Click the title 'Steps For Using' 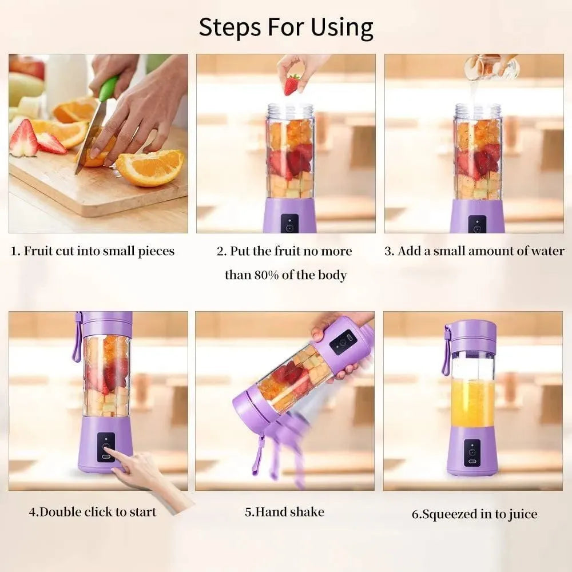click(286, 27)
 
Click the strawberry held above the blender click(291, 85)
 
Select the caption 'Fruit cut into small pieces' click(93, 251)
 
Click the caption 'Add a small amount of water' click(474, 251)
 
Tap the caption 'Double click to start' click(93, 511)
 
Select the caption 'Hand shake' click(284, 511)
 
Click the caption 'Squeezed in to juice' click(474, 514)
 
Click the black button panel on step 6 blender click(472, 452)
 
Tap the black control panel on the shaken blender click(343, 341)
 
